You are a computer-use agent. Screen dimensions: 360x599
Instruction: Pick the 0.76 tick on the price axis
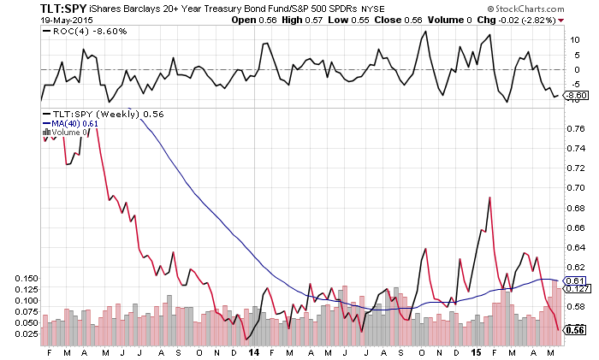574,128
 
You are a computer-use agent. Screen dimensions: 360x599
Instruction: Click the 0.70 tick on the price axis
574,188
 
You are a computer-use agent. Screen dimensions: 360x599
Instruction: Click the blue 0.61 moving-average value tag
575,280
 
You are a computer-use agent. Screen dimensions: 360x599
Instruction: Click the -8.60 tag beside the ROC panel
578,96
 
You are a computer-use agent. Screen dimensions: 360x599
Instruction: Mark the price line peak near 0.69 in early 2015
489,198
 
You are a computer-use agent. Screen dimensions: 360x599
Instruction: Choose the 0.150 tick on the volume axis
26,278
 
